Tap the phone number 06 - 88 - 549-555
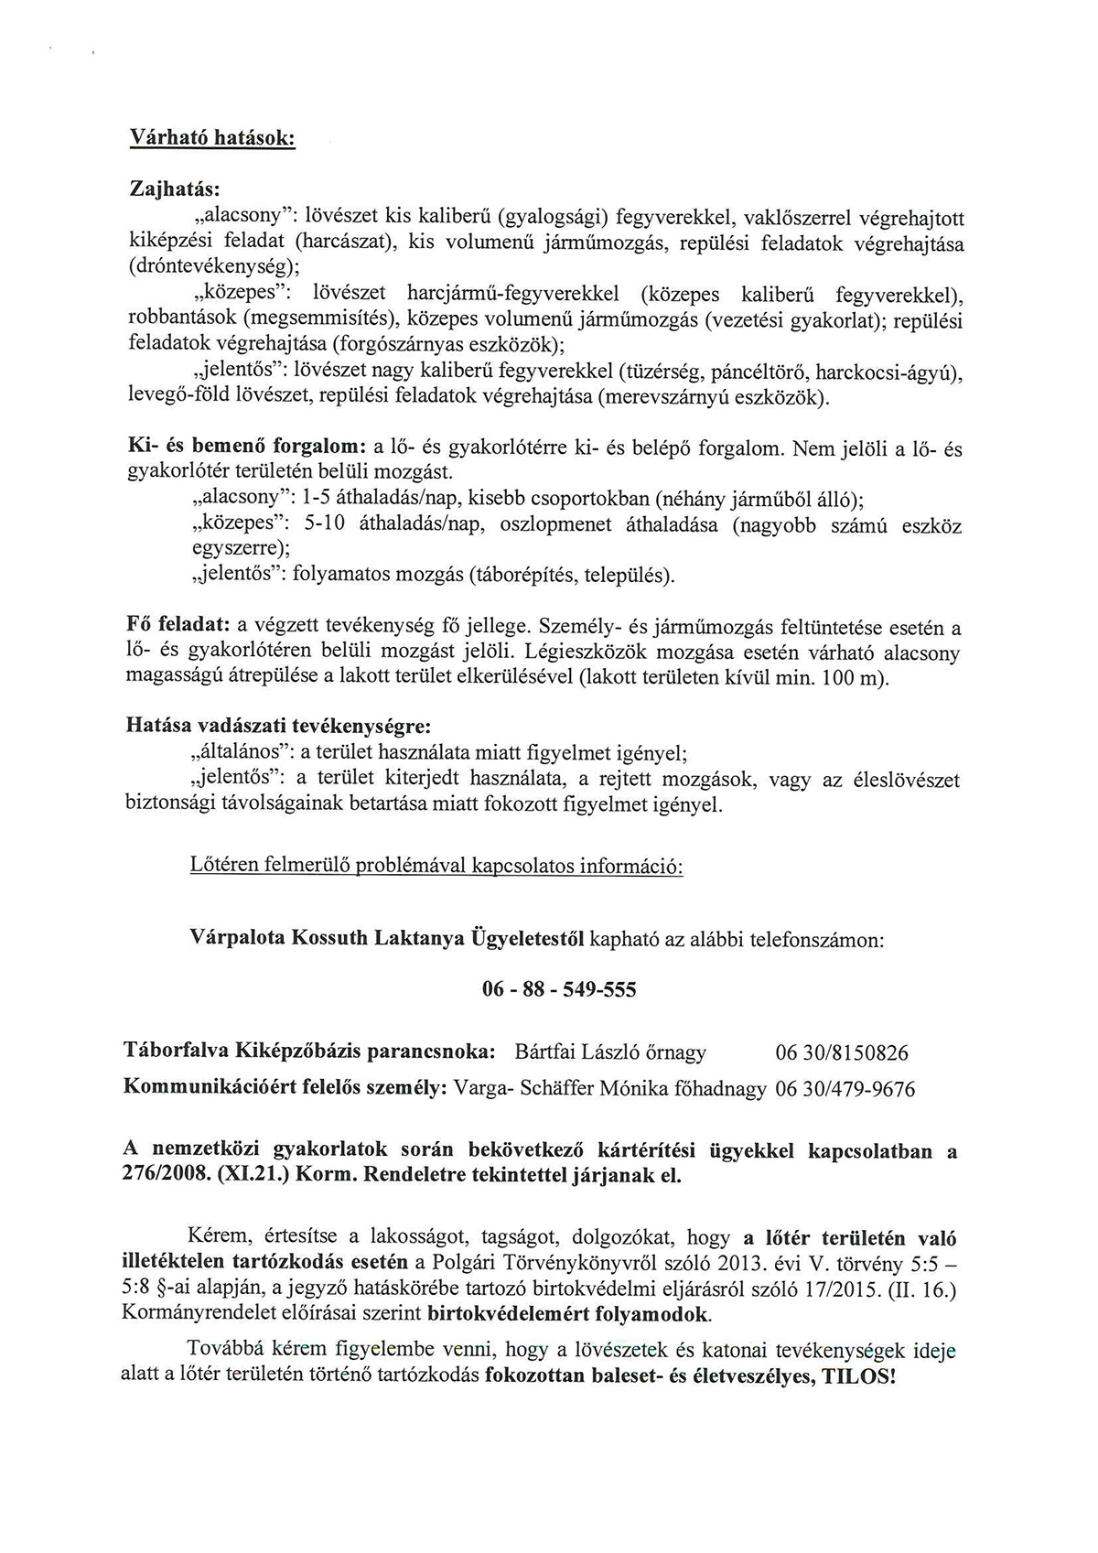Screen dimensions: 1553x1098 [x=558, y=989]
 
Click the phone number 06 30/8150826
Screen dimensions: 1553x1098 [x=841, y=1053]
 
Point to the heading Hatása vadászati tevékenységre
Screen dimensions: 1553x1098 [x=277, y=728]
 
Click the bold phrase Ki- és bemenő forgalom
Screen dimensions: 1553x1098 [x=246, y=448]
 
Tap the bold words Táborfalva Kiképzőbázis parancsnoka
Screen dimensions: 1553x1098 [x=309, y=1053]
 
